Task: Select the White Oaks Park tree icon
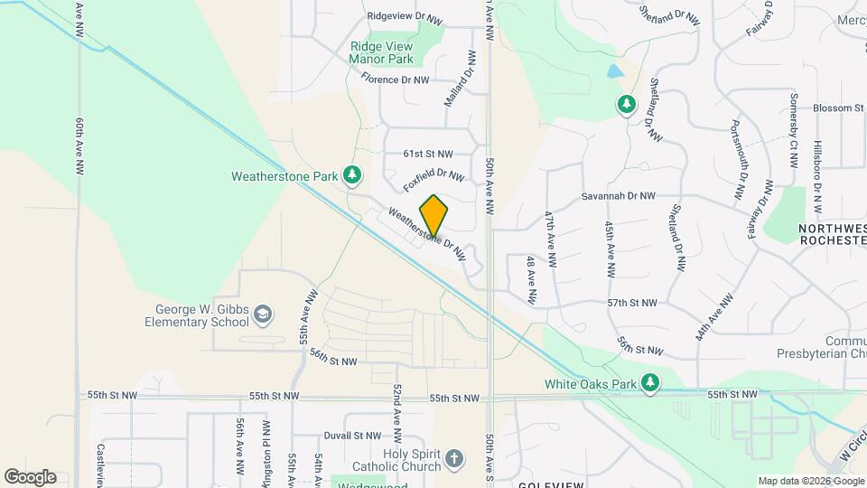(649, 383)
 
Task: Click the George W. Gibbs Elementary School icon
(263, 314)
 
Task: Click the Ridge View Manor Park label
(381, 53)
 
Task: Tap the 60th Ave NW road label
(80, 145)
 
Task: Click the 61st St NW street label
(428, 154)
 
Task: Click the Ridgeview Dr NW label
(406, 17)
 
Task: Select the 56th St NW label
(332, 361)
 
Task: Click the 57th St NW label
(629, 304)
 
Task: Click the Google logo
(30, 477)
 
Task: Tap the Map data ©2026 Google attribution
(810, 481)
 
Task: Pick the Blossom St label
(837, 108)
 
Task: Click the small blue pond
(615, 70)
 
